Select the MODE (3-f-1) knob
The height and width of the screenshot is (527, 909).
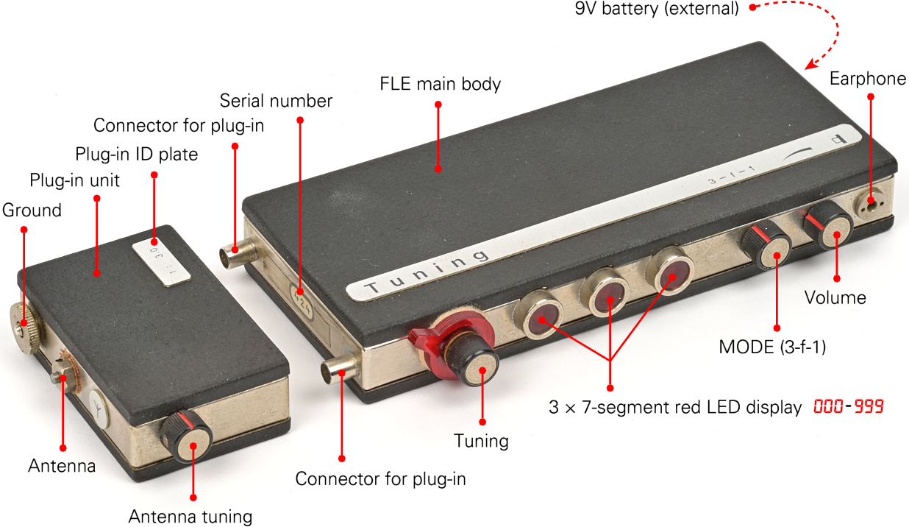767,245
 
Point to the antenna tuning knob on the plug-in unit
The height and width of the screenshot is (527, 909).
187,437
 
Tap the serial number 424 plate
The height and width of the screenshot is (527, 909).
302,302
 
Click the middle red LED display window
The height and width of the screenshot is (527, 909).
605,292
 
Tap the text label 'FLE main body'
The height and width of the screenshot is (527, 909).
441,84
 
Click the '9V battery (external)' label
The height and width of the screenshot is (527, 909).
657,9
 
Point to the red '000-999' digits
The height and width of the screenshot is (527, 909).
849,406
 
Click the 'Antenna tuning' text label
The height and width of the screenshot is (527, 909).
190,517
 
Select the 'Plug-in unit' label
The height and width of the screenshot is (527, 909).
75,180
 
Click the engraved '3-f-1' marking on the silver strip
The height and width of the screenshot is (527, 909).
732,175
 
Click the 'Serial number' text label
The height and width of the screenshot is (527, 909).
276,101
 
